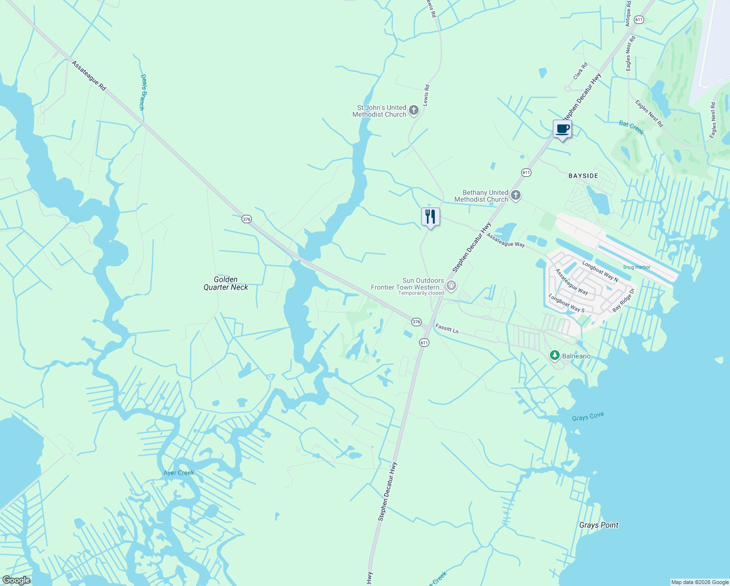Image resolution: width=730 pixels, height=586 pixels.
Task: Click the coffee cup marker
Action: tap(562, 129)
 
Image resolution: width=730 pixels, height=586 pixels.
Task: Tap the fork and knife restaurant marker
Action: tap(430, 217)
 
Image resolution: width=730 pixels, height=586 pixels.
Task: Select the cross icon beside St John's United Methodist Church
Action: tap(414, 110)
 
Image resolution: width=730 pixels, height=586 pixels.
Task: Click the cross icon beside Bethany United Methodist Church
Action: tap(516, 196)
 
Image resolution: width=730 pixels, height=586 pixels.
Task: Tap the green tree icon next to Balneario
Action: tap(554, 356)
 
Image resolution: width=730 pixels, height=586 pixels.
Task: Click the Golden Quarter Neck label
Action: tap(226, 283)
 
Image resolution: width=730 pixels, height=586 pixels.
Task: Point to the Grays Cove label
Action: tap(588, 417)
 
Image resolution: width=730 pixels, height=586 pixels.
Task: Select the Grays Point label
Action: tap(599, 525)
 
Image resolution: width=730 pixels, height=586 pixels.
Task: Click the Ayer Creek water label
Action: tap(179, 473)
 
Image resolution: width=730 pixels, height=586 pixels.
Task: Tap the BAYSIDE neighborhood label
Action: tap(583, 176)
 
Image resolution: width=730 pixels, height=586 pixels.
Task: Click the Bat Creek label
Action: tap(631, 127)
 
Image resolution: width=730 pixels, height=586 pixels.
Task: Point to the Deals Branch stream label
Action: tap(142, 92)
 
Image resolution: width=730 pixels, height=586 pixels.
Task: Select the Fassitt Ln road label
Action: tap(447, 329)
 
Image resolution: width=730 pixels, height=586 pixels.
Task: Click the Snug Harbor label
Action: tap(636, 267)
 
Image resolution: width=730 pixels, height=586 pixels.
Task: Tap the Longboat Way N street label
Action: tap(600, 272)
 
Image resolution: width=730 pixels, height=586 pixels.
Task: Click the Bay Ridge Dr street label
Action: tap(623, 300)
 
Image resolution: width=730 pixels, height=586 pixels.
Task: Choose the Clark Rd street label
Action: tap(580, 71)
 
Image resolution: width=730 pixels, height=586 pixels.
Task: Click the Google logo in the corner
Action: tap(16, 580)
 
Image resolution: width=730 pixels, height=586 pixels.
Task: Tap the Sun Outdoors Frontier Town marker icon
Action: tap(451, 285)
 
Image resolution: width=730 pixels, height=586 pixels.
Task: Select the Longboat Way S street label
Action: tap(566, 303)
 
